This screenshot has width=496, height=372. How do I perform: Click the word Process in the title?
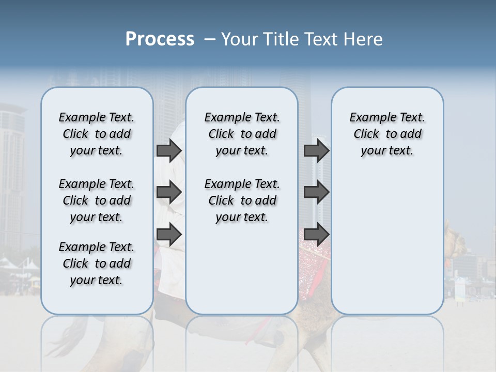160,39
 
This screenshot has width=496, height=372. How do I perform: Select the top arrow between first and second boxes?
169,150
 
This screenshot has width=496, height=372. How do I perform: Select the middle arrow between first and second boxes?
169,192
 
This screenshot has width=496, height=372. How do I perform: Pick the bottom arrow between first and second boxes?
169,234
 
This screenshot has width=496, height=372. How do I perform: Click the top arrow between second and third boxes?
316,150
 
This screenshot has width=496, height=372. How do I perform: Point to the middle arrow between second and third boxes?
316,192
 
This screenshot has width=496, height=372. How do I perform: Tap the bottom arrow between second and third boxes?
316,234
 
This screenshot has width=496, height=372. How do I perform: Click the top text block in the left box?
97,134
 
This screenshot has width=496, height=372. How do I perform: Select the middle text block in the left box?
97,200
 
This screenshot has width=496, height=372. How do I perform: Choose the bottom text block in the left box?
97,263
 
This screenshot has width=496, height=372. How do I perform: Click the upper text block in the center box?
242,134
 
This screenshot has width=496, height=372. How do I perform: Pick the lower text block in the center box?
242,200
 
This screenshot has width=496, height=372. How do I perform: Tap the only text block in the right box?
387,134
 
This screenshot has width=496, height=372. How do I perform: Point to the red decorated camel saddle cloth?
314,258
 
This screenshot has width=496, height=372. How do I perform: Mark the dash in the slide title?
209,40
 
